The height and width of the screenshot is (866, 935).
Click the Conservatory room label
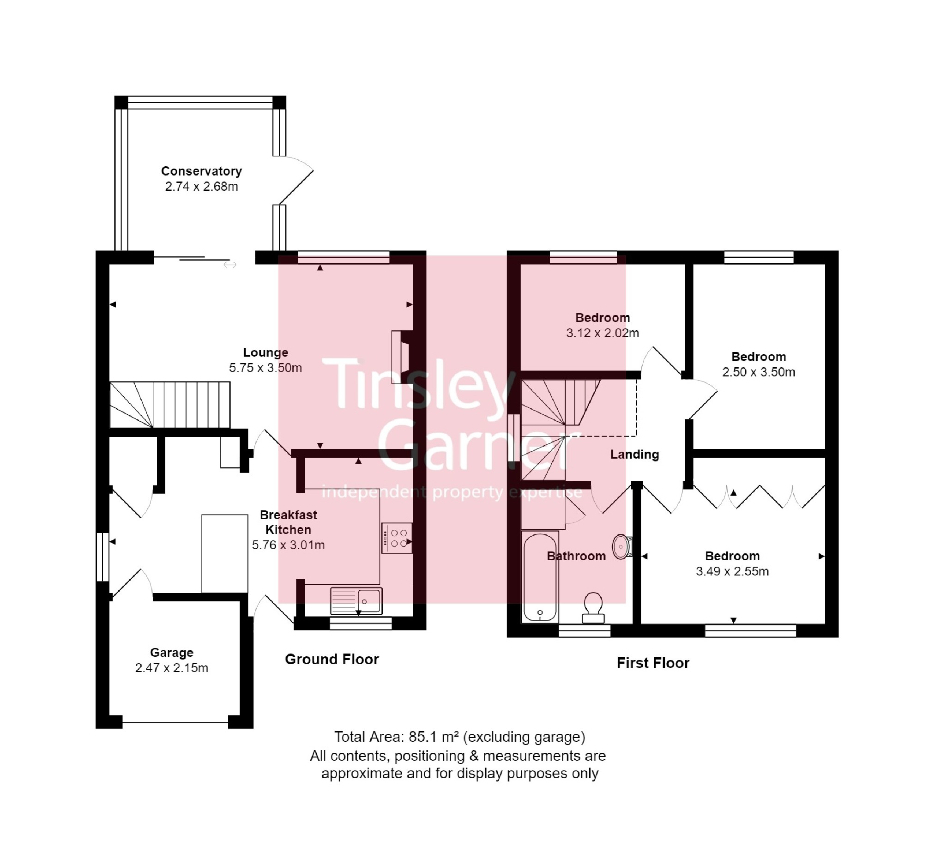point(201,171)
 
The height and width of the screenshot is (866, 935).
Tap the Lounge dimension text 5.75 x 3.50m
point(265,368)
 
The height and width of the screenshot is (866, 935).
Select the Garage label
point(171,653)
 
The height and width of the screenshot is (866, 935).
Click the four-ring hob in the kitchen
point(397,538)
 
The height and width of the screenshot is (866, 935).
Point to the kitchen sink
point(356,600)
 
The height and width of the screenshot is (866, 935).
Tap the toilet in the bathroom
point(593,607)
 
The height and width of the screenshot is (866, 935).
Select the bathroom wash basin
point(621,546)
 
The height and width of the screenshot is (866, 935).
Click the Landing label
point(634,454)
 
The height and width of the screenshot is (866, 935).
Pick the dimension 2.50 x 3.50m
point(759,372)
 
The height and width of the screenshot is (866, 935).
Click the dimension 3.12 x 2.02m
point(603,333)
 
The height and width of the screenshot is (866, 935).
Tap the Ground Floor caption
point(332,660)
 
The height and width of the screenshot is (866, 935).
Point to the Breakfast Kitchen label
point(288,522)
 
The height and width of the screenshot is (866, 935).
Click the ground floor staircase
point(170,405)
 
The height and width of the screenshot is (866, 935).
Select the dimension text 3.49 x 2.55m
point(732,571)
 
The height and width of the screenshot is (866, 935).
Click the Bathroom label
point(576,556)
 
